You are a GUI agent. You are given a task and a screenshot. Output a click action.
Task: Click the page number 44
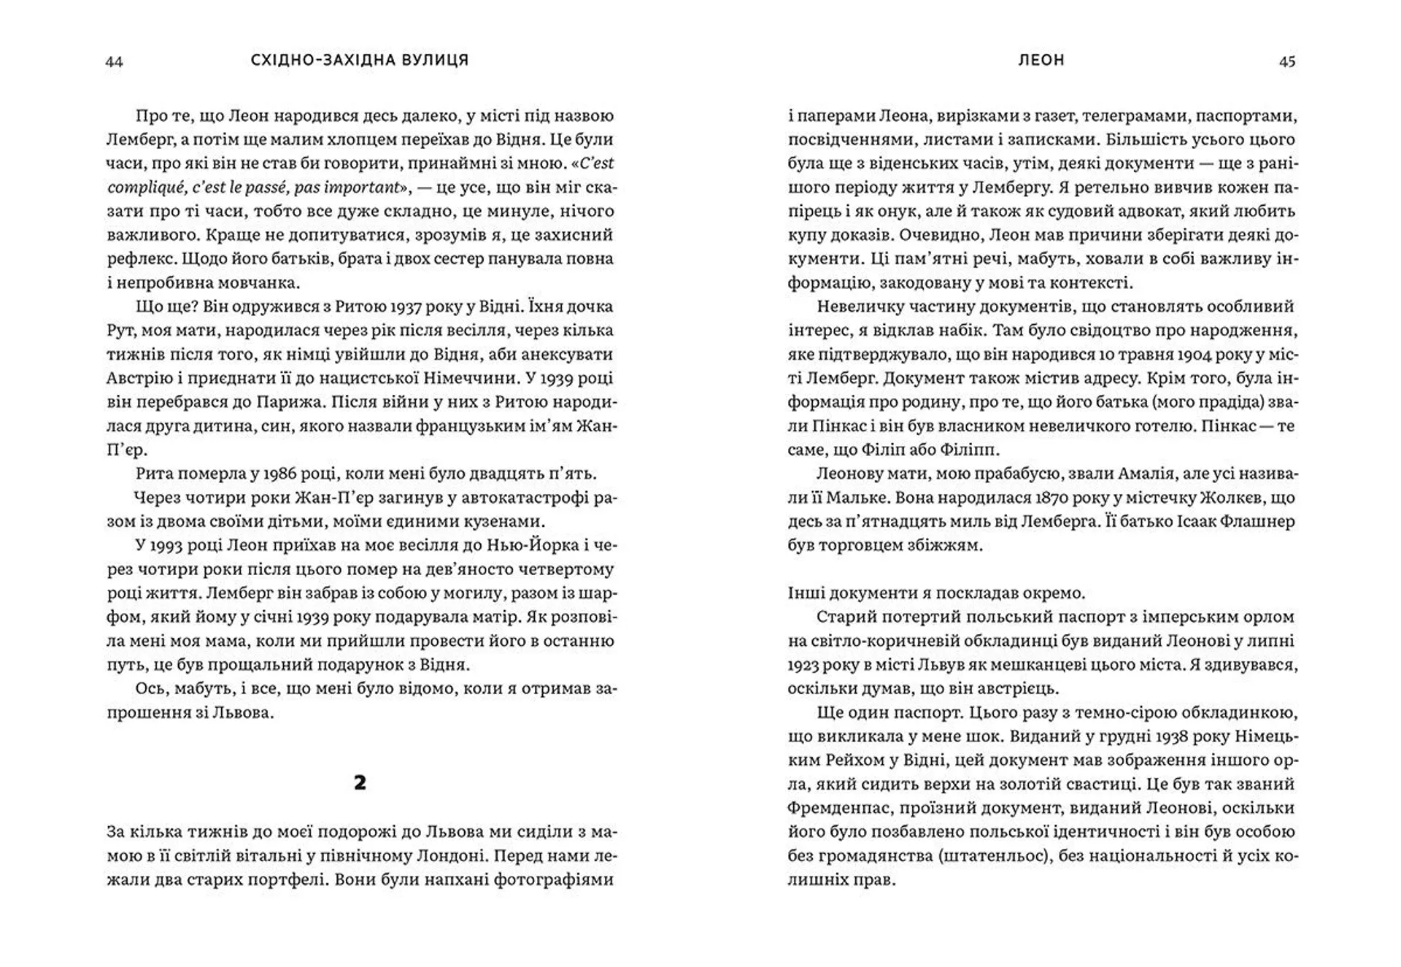coord(115,61)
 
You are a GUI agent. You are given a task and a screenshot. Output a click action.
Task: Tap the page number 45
coord(1287,61)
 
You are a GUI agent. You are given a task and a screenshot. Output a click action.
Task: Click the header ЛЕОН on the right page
coord(1041,61)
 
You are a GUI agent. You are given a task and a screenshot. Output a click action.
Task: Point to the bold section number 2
coord(360,783)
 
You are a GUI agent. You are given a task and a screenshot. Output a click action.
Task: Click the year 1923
coord(803,665)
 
